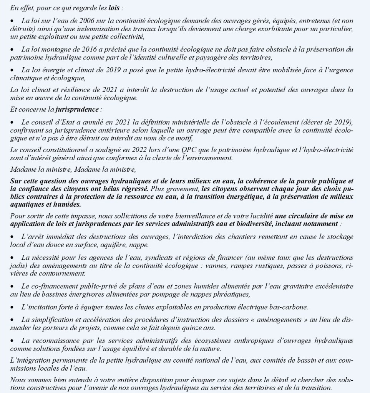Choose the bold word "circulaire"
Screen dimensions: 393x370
(x=308, y=216)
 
